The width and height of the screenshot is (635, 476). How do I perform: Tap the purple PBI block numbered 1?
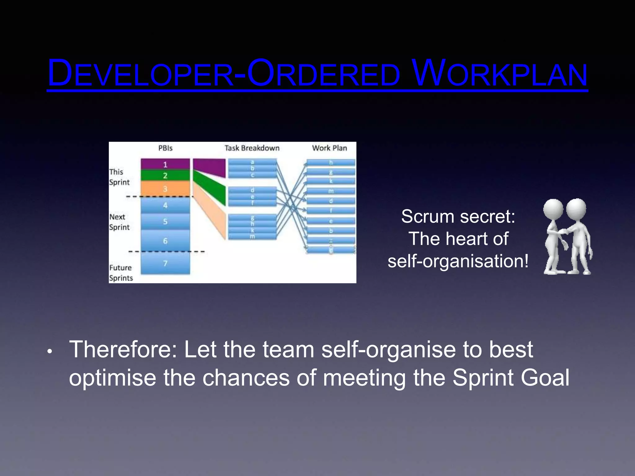(165, 164)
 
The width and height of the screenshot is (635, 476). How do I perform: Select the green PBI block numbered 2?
(165, 176)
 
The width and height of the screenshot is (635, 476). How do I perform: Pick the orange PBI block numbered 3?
(165, 189)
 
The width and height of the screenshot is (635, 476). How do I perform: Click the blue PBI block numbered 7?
(165, 263)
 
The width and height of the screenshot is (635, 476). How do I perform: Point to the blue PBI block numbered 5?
(165, 221)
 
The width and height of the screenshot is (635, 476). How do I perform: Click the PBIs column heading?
(165, 148)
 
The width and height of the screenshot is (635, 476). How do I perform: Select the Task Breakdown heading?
(252, 148)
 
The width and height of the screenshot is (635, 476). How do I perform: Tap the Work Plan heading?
(329, 148)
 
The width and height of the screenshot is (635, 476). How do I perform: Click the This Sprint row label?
(119, 177)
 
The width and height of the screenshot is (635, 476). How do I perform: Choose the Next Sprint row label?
(119, 222)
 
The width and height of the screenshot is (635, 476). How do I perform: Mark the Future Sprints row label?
(121, 273)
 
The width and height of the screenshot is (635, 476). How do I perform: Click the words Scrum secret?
(458, 216)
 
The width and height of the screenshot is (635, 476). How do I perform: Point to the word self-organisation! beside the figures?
(458, 261)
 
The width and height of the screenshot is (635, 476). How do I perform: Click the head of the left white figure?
(553, 209)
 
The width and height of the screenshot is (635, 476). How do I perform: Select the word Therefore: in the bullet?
(123, 350)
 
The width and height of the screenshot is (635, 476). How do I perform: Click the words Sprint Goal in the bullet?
(510, 378)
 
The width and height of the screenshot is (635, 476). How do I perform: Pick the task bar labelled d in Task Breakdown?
(252, 190)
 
